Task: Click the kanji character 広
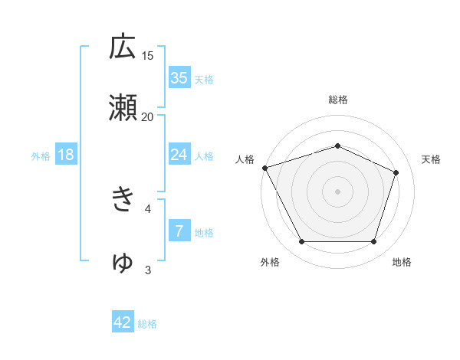point(123,47)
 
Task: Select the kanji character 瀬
point(123,108)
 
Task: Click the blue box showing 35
point(179,78)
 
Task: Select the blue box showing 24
point(179,155)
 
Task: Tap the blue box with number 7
point(179,231)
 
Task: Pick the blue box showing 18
point(66,155)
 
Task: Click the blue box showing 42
point(123,322)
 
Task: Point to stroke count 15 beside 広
point(148,55)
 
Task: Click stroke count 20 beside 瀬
point(148,116)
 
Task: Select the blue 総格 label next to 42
point(147,324)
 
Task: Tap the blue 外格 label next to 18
point(41,156)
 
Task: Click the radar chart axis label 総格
point(338,100)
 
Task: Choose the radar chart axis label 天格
point(432,159)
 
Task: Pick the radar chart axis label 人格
point(245,159)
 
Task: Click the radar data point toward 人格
point(264,168)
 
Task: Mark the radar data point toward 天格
point(396,172)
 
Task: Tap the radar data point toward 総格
point(338,146)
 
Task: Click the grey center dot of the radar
point(338,191)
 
